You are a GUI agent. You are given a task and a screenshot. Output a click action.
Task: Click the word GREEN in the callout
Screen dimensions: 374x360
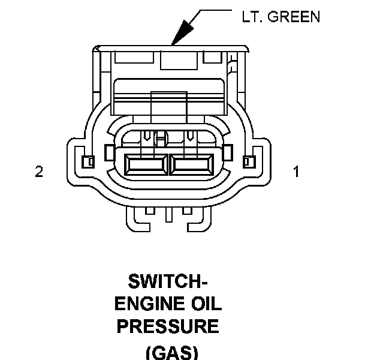tap(294, 17)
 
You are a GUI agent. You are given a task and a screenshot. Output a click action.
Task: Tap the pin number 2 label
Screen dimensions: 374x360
tap(39, 171)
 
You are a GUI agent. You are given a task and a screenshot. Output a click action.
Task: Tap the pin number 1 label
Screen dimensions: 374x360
tap(296, 172)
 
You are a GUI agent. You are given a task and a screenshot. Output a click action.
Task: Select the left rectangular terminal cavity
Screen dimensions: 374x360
tap(146, 164)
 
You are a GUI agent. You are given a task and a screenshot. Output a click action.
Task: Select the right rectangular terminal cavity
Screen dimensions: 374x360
tap(191, 164)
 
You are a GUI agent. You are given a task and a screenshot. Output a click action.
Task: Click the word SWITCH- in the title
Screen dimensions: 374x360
tap(168, 281)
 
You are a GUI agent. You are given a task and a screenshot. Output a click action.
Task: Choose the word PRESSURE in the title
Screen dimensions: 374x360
tap(168, 326)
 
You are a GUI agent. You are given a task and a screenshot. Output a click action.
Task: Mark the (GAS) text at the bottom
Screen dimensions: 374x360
tap(172, 352)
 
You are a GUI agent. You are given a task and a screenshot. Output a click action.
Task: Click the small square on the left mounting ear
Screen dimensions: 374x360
tap(88, 162)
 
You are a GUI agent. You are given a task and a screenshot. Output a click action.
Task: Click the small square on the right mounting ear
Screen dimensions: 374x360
tap(249, 162)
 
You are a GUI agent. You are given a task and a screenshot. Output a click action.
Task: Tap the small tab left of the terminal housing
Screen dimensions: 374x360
tap(110, 152)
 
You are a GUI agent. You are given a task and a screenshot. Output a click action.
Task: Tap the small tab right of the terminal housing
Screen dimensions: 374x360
tap(227, 152)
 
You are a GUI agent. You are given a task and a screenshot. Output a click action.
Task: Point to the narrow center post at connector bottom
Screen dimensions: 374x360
tap(169, 214)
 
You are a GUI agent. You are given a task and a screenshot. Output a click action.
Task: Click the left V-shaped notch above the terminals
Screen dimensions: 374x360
tap(146, 136)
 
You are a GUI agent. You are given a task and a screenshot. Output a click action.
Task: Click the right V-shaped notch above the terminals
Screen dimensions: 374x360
tap(190, 136)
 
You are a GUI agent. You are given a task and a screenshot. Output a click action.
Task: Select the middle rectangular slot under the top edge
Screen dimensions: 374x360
tap(179, 61)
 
